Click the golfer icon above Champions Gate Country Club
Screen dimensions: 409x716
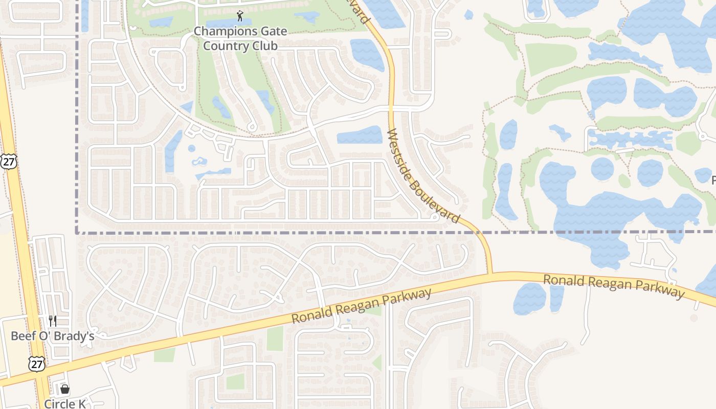tap(240, 16)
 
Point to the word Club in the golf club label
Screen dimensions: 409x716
tap(264, 46)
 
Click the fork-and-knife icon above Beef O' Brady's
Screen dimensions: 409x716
tap(53, 321)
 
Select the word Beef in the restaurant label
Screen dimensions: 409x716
tap(23, 336)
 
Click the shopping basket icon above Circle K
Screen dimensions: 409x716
tap(65, 390)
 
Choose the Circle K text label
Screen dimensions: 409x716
tap(65, 404)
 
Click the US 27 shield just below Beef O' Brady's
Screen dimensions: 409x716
tap(37, 363)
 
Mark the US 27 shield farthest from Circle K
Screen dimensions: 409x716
tap(9, 161)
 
